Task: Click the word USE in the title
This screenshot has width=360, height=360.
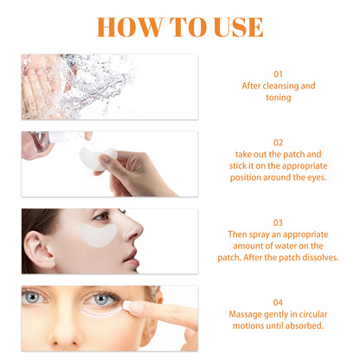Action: pos(235,25)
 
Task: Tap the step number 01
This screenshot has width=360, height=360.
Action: pos(277,74)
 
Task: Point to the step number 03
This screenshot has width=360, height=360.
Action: pos(277,221)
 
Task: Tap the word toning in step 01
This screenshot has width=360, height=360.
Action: pos(278,99)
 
